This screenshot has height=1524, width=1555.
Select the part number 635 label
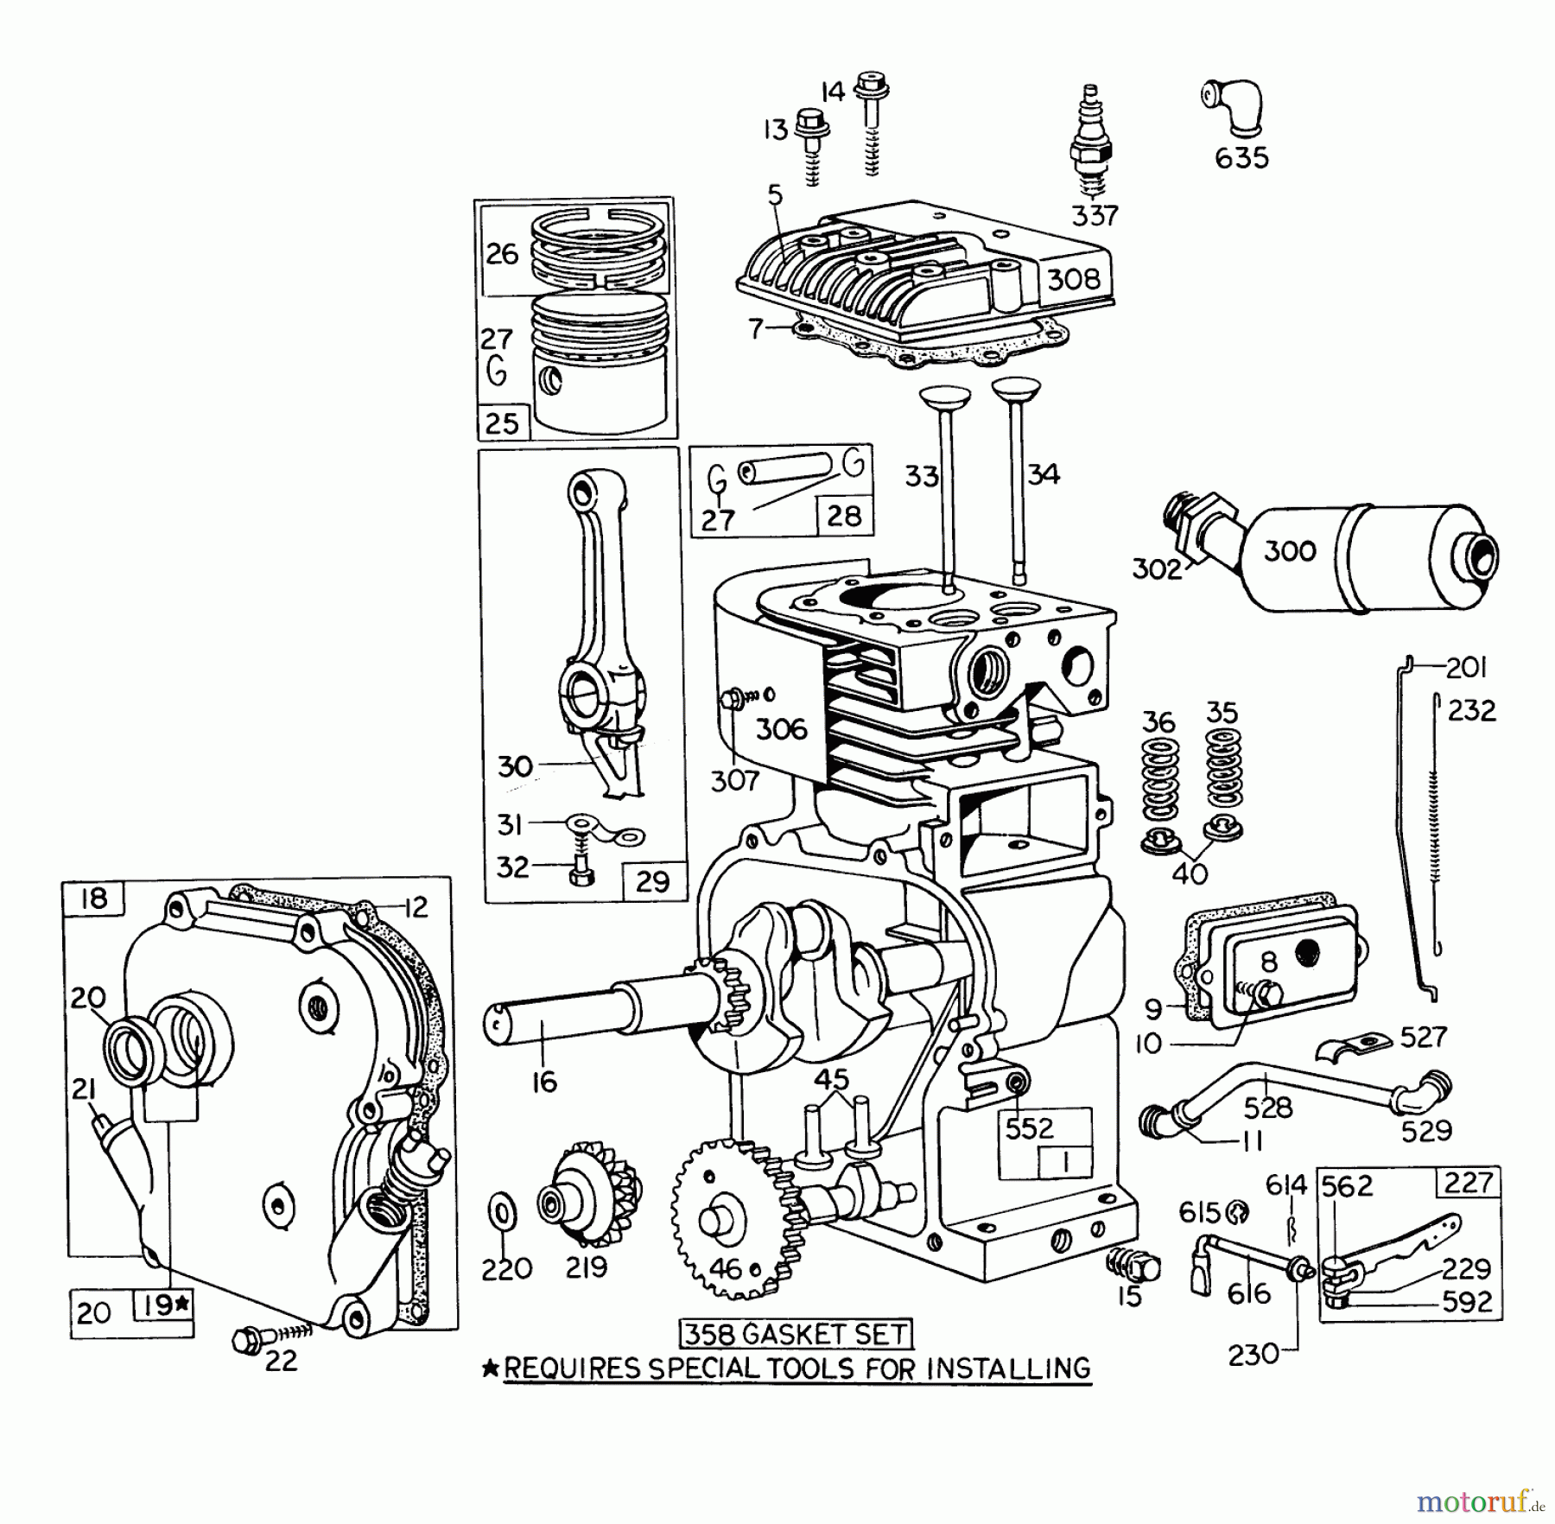(x=1241, y=158)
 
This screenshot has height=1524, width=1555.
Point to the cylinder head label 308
(x=1074, y=279)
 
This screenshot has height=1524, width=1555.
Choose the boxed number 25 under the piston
(x=502, y=423)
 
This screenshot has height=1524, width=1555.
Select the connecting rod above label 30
(x=596, y=605)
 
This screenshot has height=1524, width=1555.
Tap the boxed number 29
(x=653, y=881)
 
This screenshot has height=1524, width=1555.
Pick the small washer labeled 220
(x=503, y=1214)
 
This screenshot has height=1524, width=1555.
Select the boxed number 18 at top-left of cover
(x=93, y=898)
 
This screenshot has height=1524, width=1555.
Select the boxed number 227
(x=1468, y=1182)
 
